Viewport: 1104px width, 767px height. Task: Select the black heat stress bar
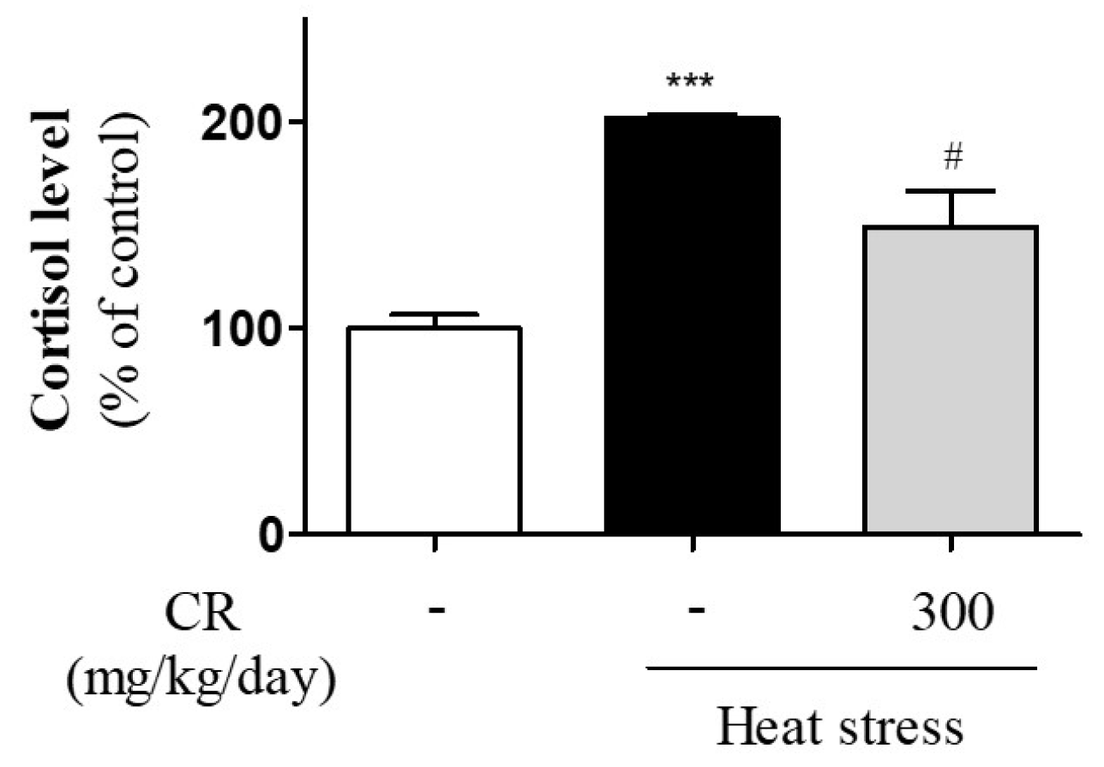click(x=692, y=326)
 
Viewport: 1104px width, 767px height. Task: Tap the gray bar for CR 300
click(x=951, y=381)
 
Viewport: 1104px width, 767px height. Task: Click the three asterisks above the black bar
click(x=691, y=84)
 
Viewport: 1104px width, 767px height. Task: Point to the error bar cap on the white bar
click(x=435, y=315)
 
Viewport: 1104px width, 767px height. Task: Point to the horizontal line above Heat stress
click(x=841, y=666)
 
